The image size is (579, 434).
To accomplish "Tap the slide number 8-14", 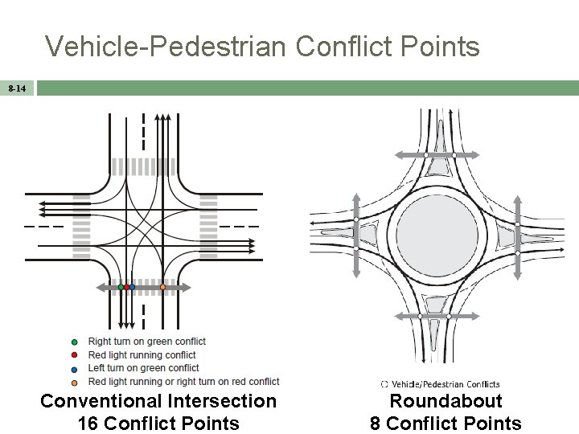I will [x=16, y=87].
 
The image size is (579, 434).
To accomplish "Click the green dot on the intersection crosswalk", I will [x=121, y=287].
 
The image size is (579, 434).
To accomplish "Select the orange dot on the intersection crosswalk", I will [x=162, y=287].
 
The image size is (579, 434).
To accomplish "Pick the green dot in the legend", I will [x=74, y=342].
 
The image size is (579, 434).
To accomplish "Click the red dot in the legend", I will [x=74, y=354].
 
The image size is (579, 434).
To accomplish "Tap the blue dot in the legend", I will [x=74, y=368].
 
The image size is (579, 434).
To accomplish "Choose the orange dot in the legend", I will [x=74, y=381].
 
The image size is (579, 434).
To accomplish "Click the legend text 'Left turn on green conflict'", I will [x=143, y=368].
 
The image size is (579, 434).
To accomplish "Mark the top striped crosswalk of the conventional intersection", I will [x=142, y=166].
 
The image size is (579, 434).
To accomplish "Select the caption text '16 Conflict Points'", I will [x=158, y=423].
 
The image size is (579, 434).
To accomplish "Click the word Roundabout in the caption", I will [x=446, y=401].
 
